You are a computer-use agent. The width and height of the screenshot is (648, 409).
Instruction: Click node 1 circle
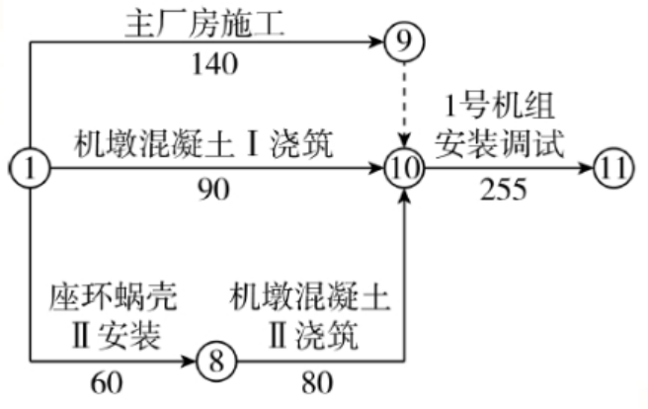[x=31, y=170]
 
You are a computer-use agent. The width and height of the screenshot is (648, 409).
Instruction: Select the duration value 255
[x=503, y=192]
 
